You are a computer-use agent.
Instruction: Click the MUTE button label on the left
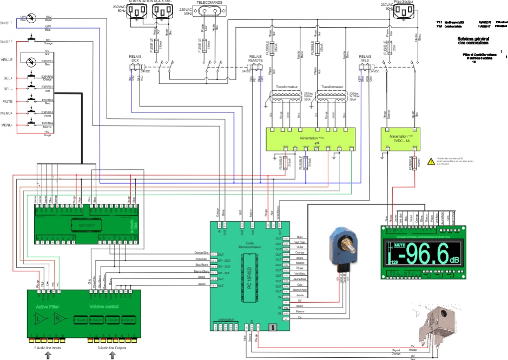coord(8,101)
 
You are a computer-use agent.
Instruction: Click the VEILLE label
coord(7,60)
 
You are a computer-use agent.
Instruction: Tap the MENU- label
coord(7,125)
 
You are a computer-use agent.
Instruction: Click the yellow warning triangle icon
coord(431,161)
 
